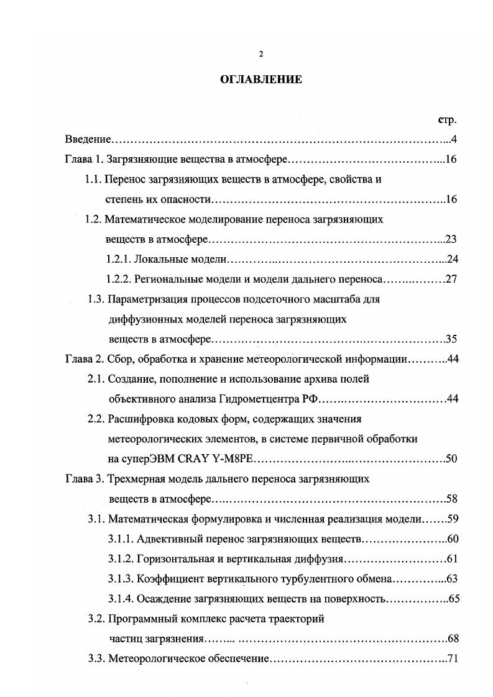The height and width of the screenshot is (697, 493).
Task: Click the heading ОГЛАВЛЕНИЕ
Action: pyautogui.click(x=261, y=79)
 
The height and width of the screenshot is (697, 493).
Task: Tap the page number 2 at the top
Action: pyautogui.click(x=261, y=54)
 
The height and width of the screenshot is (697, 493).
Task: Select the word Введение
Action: pyautogui.click(x=88, y=139)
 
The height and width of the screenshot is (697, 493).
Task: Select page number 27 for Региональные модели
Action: pyautogui.click(x=451, y=279)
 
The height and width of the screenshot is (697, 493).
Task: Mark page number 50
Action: pyautogui.click(x=451, y=459)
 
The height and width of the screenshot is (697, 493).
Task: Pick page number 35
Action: pyautogui.click(x=451, y=339)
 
